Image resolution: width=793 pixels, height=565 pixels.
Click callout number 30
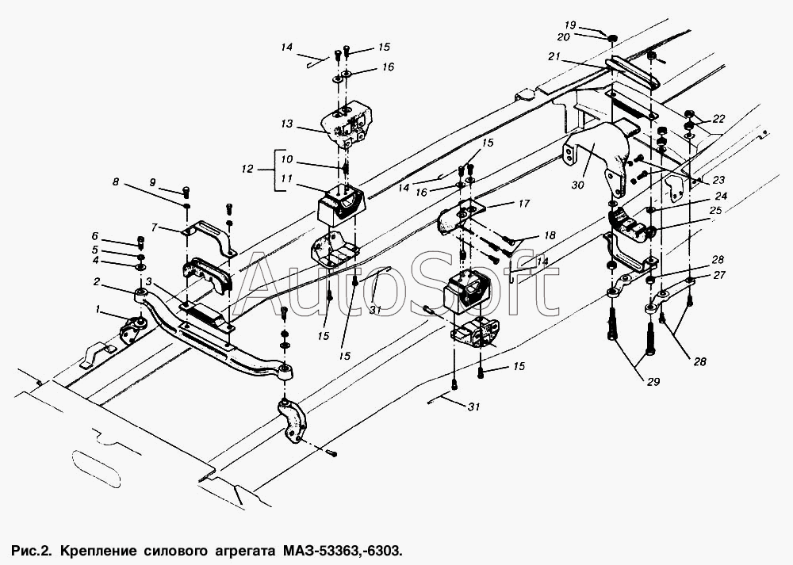(x=577, y=185)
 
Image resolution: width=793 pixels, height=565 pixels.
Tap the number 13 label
(x=287, y=124)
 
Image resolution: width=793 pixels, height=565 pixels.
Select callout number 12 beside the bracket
(x=247, y=169)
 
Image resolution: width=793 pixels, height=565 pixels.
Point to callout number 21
(x=554, y=56)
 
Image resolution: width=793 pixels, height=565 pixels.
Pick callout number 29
(x=653, y=381)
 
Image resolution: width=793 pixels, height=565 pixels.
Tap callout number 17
(x=524, y=203)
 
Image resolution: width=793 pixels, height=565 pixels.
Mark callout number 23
(x=718, y=179)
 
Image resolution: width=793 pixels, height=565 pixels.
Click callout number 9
(x=153, y=182)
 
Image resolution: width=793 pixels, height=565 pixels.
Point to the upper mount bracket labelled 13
(x=348, y=124)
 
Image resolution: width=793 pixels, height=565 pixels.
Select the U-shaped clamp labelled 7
(x=206, y=239)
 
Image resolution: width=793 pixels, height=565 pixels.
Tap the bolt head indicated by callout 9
(x=186, y=191)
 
